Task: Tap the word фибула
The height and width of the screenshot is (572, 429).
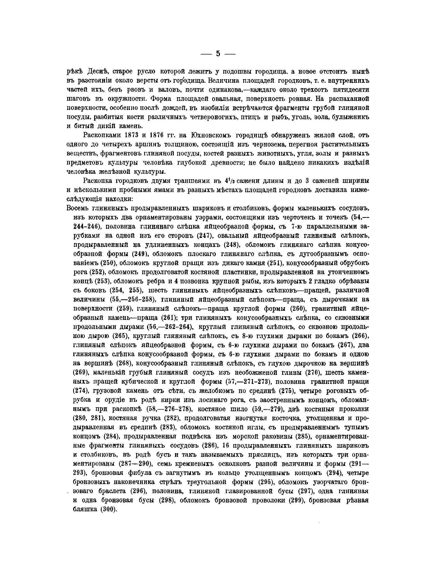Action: [x=140, y=473]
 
